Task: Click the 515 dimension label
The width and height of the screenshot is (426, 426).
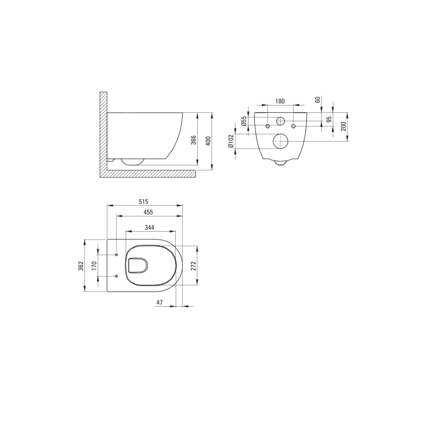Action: coord(143,202)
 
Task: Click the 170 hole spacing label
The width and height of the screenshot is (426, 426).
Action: coord(93,266)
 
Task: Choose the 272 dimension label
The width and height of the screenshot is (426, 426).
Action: coord(193,266)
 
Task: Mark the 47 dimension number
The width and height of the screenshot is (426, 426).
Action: coord(160,303)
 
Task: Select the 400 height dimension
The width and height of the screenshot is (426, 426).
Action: coord(208,141)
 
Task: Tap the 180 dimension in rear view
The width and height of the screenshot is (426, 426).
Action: coord(279,101)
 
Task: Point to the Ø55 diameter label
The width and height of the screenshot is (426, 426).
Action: coord(243,121)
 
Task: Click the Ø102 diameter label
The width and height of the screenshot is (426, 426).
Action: coord(231,142)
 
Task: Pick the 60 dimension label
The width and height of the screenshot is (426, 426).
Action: coord(318,100)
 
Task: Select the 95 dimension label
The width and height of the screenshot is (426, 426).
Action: coord(329,119)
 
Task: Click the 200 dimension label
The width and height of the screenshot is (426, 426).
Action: coord(344,127)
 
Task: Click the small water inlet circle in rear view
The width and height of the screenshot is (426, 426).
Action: coord(280,121)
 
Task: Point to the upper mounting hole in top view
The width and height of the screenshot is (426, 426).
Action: coord(116,255)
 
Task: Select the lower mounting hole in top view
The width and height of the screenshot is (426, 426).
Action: coord(116,276)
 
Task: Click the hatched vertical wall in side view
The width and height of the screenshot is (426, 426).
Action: coord(103,133)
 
